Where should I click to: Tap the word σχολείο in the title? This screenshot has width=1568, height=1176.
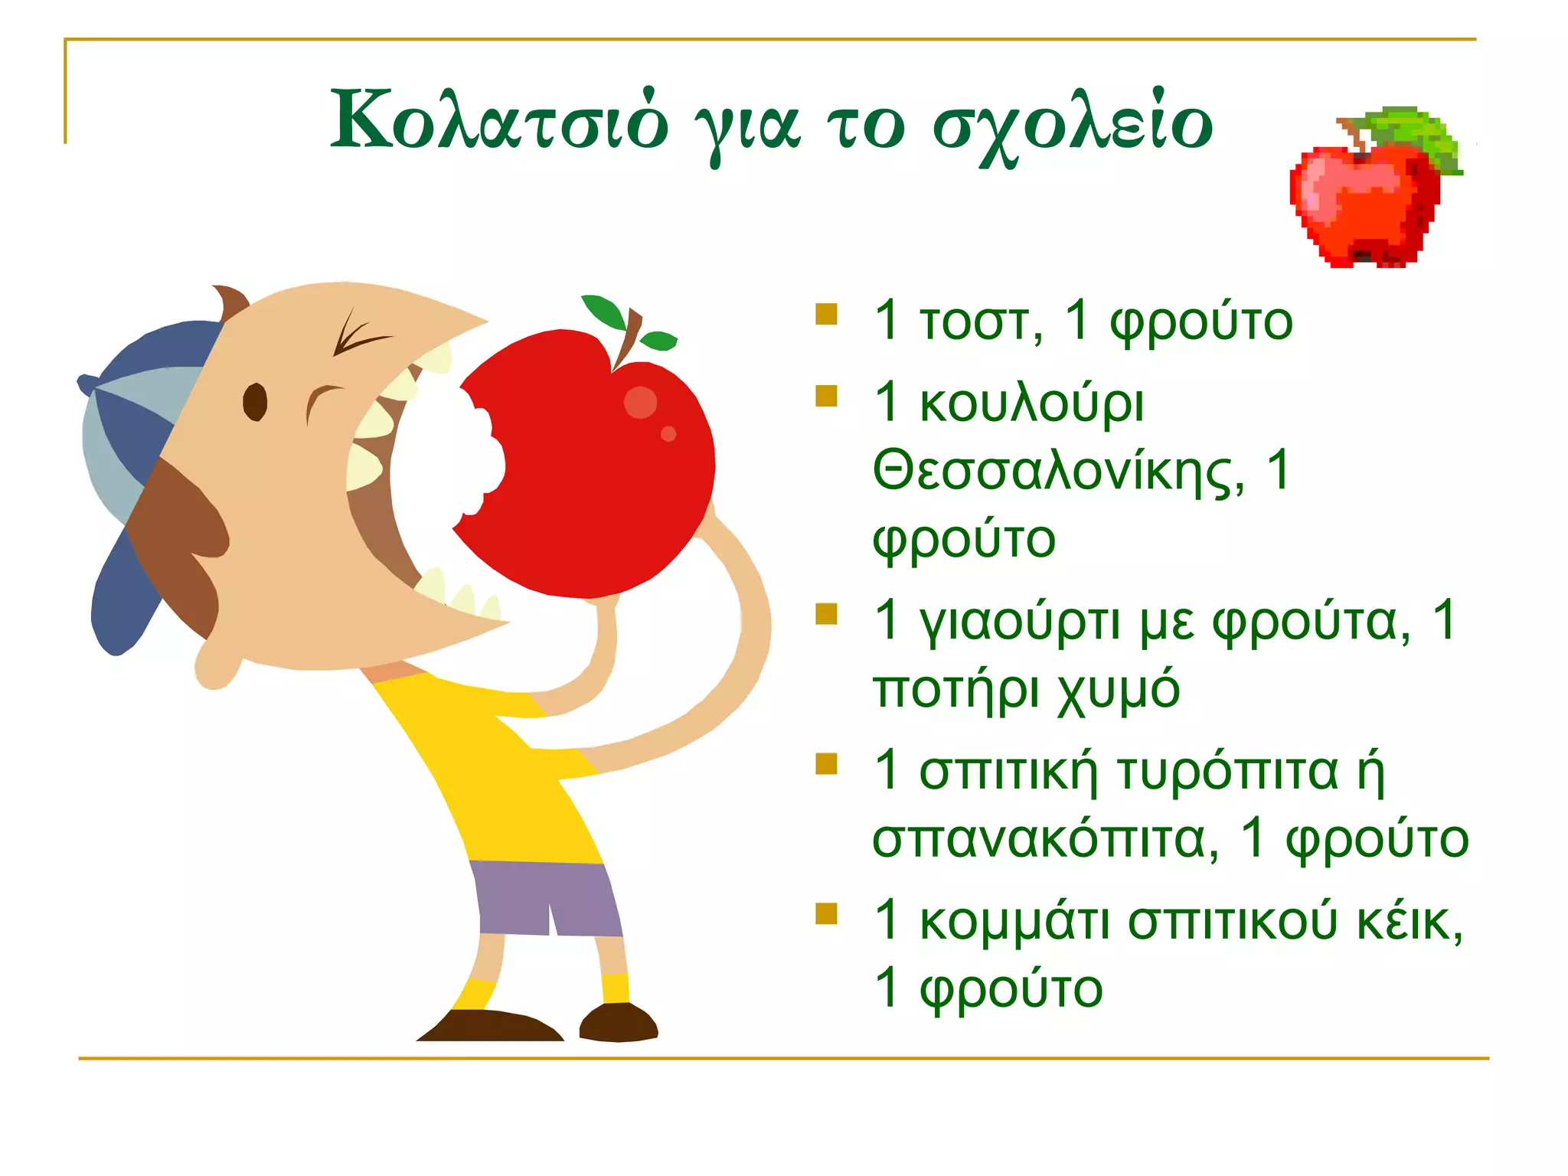pyautogui.click(x=1072, y=126)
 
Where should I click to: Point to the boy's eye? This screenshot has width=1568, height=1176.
pyautogui.click(x=255, y=402)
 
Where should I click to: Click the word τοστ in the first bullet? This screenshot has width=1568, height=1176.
pyautogui.click(x=980, y=322)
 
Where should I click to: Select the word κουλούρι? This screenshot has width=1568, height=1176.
pyautogui.click(x=1031, y=403)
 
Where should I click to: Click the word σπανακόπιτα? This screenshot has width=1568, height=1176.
pyautogui.click(x=1045, y=840)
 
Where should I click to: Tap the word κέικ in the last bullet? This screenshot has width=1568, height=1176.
pyautogui.click(x=1409, y=921)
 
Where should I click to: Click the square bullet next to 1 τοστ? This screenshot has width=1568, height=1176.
pyautogui.click(x=826, y=315)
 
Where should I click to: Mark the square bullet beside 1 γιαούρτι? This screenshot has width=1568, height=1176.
pyautogui.click(x=826, y=614)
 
